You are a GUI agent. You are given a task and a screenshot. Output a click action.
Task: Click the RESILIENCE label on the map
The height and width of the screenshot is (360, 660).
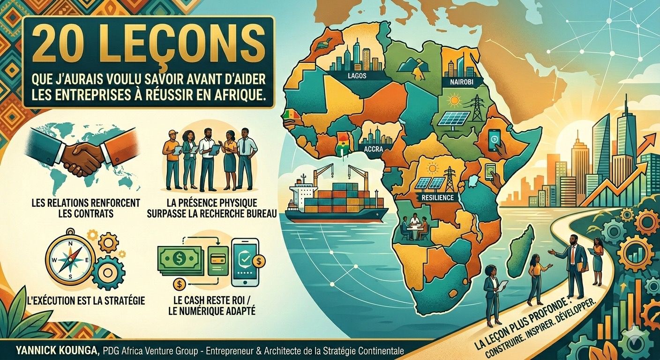(438, 197)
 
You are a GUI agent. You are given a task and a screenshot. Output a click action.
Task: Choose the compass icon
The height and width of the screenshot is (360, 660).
(70, 259)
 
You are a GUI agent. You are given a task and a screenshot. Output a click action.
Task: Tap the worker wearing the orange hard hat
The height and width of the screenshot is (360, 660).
(172, 157)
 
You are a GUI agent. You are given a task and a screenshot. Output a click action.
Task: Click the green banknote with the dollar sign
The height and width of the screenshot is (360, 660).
(179, 258)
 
